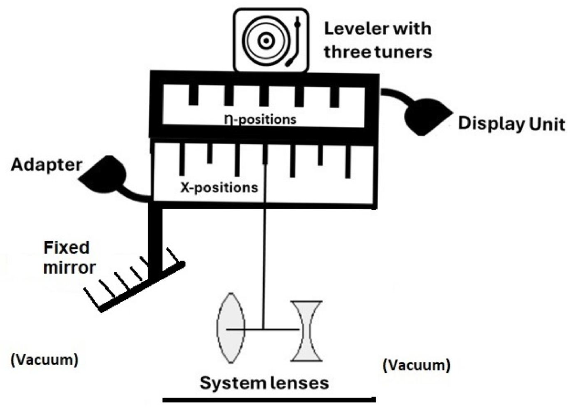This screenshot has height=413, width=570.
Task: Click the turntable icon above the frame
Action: pyautogui.click(x=271, y=40)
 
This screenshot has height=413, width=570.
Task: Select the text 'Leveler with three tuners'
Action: pyautogui.click(x=378, y=40)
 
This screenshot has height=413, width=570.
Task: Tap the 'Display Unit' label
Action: pyautogui.click(x=511, y=124)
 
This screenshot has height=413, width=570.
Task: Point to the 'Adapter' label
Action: pyautogui.click(x=47, y=165)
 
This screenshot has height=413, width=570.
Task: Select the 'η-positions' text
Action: pyautogui.click(x=260, y=119)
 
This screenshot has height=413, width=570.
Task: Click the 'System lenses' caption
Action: pyautogui.click(x=264, y=383)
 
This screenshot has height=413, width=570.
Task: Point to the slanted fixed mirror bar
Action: pyautogui.click(x=142, y=287)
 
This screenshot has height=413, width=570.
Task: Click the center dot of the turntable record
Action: pyautogui.click(x=266, y=40)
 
